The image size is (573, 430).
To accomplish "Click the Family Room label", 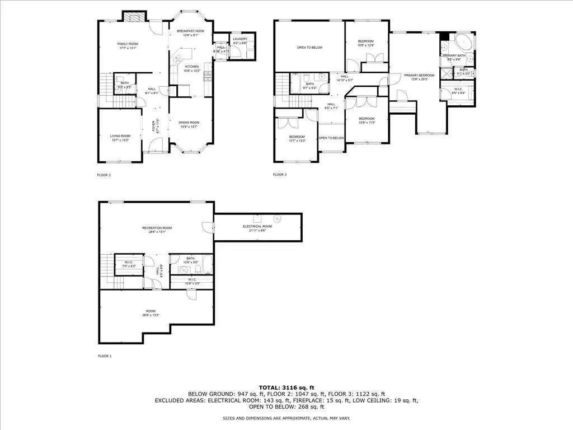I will (128, 44).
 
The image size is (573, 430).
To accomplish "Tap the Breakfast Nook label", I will (187, 31).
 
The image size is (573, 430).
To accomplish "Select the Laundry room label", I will (240, 39).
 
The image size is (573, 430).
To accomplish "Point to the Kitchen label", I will (192, 67).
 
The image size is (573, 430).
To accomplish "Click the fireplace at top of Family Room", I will (132, 17).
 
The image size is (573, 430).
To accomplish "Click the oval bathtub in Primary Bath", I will (462, 43).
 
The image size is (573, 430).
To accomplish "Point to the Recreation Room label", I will (157, 228).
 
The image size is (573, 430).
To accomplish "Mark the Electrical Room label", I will (257, 226).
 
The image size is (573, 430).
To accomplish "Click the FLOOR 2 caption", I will (104, 175).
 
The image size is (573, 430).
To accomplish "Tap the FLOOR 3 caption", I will (280, 175).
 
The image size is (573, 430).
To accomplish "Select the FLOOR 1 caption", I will (105, 356).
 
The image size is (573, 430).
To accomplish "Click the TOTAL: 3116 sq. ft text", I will (286, 387).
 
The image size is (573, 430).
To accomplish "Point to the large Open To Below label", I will (309, 48).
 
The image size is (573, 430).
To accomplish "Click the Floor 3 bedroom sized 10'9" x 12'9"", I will (366, 42).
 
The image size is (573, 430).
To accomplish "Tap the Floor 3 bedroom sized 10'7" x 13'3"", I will (297, 137).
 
